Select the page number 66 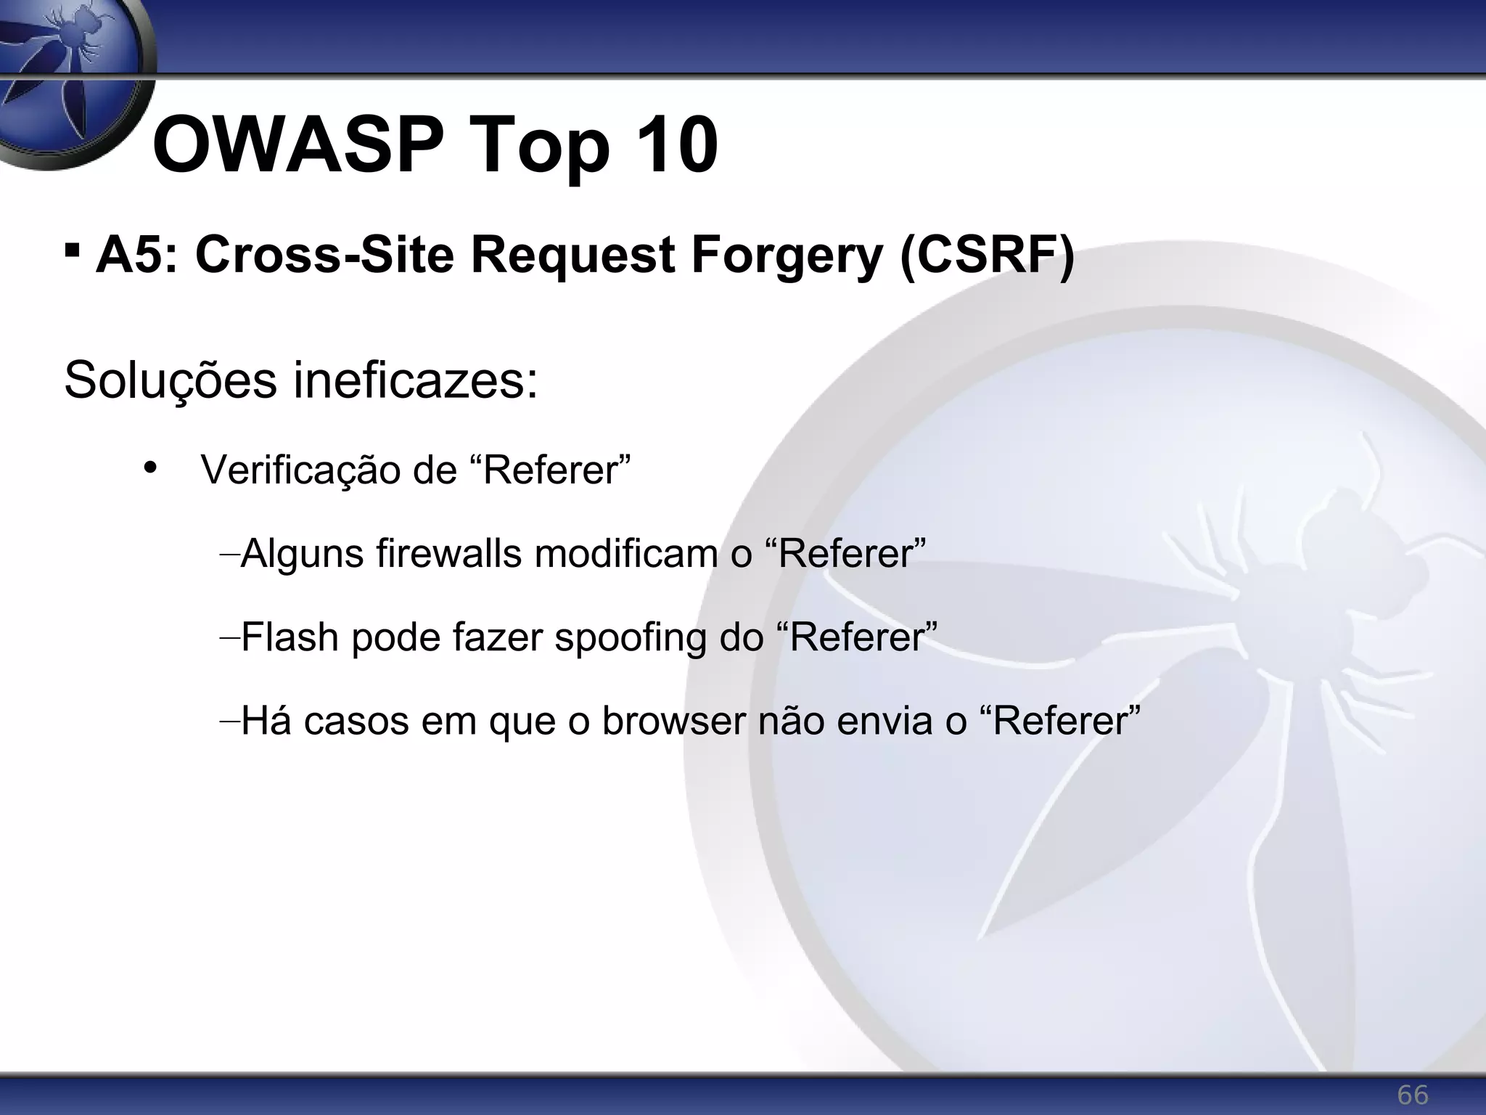point(1412,1095)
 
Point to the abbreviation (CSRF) point(987,256)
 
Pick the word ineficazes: point(416,380)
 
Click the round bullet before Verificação point(150,467)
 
